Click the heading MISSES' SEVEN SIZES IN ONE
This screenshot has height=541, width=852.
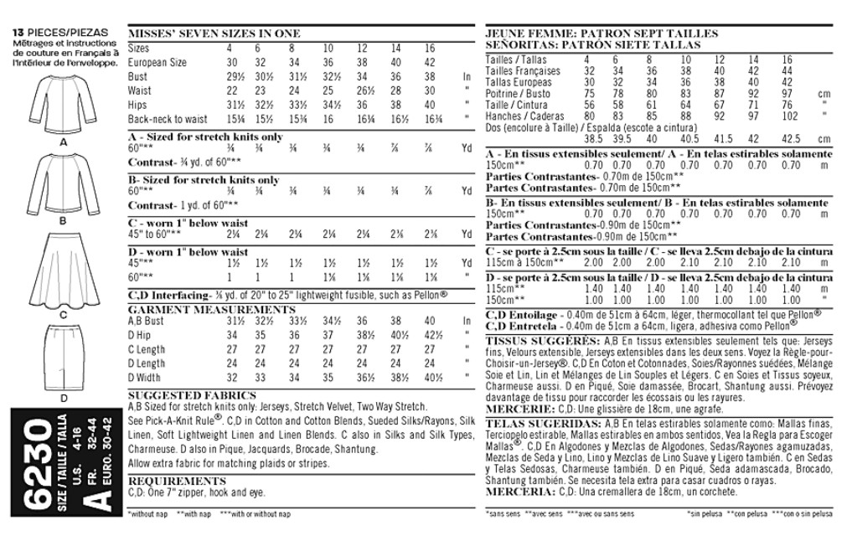214,33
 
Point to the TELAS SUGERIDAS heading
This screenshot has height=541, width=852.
540,424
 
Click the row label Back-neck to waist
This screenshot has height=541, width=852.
168,120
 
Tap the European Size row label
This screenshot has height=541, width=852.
157,63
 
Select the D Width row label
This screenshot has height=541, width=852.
145,378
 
